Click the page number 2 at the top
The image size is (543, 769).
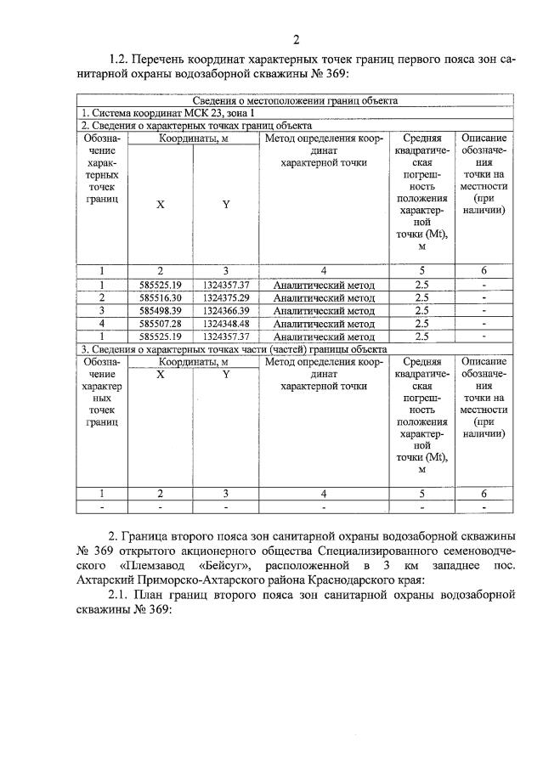coord(296,40)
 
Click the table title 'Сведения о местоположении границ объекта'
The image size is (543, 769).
coord(295,100)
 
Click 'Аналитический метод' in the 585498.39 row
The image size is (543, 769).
coord(324,310)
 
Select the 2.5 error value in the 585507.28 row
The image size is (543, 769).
coord(421,323)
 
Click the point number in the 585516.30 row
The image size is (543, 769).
coord(101,297)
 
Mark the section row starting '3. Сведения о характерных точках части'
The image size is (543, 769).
coord(234,348)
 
